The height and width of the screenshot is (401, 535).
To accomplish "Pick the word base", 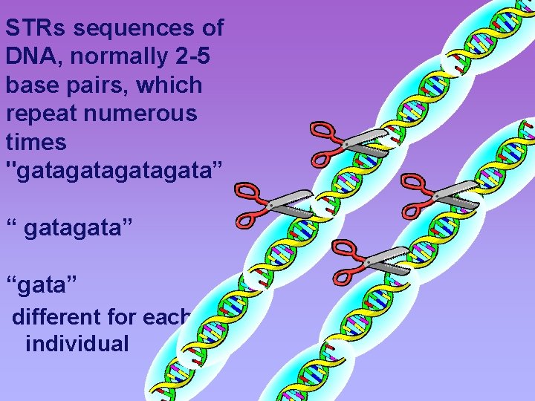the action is pyautogui.click(x=28, y=85).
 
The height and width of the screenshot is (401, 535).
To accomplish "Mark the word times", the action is pyautogui.click(x=35, y=142).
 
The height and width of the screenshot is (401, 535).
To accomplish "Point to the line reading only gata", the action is pyautogui.click(x=42, y=283).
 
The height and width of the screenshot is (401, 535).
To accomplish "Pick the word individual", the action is pyautogui.click(x=77, y=345).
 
